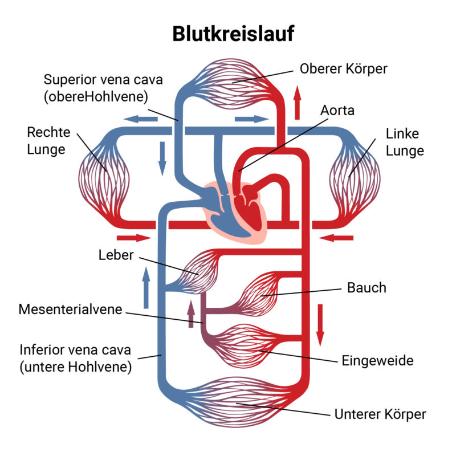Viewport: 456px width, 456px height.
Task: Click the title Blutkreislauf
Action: [x=233, y=34]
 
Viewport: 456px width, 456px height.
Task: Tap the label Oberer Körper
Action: [x=344, y=69]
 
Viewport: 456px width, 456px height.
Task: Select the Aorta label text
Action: [x=337, y=111]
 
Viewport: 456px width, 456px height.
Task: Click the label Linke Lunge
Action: [x=405, y=142]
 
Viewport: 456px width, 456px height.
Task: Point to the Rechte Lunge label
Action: [x=48, y=141]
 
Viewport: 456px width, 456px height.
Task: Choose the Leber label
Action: [x=116, y=255]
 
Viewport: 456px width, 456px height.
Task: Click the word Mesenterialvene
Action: [x=70, y=309]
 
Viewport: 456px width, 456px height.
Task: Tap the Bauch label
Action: [x=367, y=288]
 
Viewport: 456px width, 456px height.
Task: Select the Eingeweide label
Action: [x=377, y=361]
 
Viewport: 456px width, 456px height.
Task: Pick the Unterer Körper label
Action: [x=380, y=414]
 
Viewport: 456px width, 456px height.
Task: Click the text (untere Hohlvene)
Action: [x=76, y=367]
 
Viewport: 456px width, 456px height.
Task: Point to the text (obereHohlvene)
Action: [x=96, y=96]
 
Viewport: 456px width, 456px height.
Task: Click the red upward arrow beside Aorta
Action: [x=297, y=103]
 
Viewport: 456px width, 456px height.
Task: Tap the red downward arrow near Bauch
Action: [x=320, y=325]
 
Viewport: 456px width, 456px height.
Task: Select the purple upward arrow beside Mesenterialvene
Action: [x=191, y=314]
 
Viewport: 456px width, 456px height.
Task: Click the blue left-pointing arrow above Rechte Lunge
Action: [x=141, y=119]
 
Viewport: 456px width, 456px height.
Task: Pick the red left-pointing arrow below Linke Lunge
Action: [x=336, y=238]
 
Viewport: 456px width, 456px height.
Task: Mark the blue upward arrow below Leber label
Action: [x=146, y=287]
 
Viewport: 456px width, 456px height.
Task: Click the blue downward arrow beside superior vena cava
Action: [x=162, y=159]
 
